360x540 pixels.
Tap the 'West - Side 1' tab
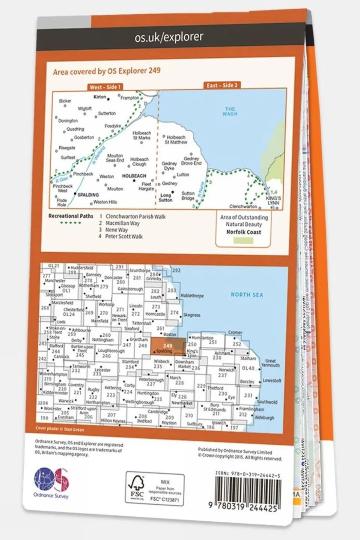click(x=105, y=87)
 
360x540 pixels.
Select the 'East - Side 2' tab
click(x=222, y=86)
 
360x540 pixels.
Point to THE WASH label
click(x=230, y=111)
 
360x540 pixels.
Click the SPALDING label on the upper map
click(x=88, y=195)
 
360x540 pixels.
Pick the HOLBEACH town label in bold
click(x=134, y=176)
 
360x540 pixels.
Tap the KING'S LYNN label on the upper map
click(x=273, y=200)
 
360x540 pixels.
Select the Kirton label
click(x=100, y=97)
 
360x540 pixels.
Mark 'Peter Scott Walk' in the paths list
click(x=124, y=236)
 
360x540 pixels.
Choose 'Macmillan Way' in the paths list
click(x=122, y=223)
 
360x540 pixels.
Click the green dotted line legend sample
click(x=71, y=223)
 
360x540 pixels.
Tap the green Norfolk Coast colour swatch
click(x=243, y=241)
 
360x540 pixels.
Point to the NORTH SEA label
click(x=247, y=295)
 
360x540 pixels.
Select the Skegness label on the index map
click(x=191, y=315)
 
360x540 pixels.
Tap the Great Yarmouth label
click(x=270, y=363)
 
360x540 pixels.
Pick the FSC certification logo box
click(x=155, y=489)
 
